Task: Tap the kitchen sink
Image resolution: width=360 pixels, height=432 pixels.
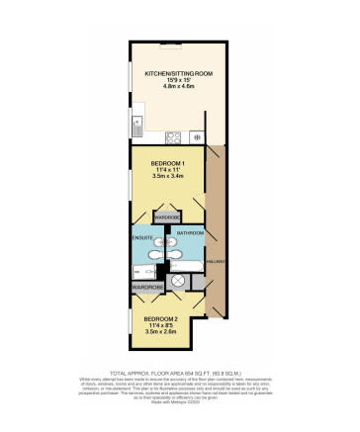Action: coord(138,126)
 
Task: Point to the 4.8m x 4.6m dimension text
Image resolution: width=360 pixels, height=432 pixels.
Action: coord(174,89)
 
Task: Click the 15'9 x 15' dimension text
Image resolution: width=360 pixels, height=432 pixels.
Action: coord(174,81)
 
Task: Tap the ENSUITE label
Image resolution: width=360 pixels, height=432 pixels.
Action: coord(142,238)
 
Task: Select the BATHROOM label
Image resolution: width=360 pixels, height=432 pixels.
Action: coord(190,232)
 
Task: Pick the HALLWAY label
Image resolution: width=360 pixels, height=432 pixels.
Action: coord(221,261)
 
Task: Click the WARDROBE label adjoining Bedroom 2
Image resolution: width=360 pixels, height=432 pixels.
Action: coord(147,287)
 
